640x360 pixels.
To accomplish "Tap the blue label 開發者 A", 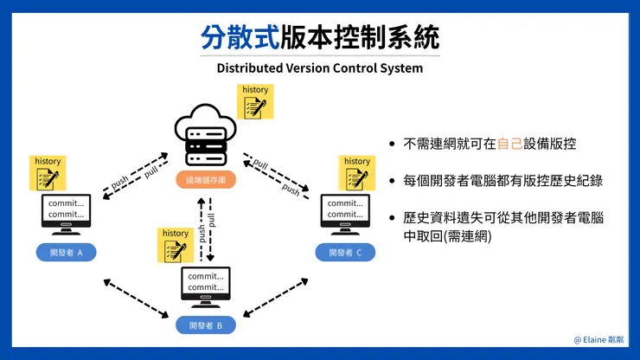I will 67,253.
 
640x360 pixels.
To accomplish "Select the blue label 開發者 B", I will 206,325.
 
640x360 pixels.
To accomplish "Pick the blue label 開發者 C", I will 345,253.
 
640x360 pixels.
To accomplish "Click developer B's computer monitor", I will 206,285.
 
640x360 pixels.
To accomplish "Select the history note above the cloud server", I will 255,101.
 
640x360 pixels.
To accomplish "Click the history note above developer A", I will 48,173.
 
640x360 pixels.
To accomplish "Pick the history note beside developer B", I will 176,245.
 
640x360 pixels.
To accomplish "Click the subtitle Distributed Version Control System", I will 320,68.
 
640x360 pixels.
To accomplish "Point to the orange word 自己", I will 510,145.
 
